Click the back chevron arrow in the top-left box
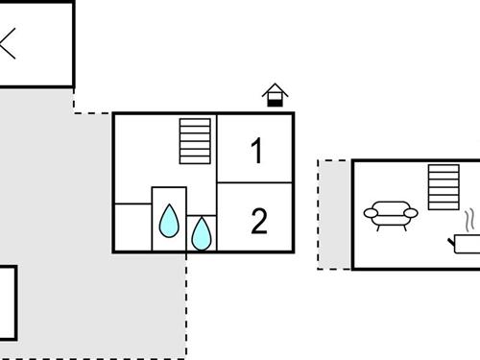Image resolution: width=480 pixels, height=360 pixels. [9, 44]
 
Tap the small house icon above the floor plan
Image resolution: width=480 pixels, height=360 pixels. [276, 96]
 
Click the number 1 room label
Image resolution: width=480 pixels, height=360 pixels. [256, 151]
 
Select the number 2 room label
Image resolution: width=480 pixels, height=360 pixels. [257, 222]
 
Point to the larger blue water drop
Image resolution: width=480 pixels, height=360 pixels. [169, 221]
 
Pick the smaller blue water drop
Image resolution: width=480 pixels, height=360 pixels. [202, 233]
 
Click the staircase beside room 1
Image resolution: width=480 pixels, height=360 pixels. [194, 141]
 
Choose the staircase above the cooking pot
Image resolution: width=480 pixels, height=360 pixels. [444, 186]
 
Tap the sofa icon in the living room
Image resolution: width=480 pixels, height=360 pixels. [391, 215]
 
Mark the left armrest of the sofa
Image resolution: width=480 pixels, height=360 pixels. [370, 212]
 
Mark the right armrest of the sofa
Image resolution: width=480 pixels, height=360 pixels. [412, 212]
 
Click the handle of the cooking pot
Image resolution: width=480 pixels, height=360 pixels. [451, 241]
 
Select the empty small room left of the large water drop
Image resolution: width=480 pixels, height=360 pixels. [132, 228]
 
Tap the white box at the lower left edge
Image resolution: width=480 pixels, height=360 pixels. [7, 302]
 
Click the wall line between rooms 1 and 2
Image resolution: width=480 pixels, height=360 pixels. [255, 182]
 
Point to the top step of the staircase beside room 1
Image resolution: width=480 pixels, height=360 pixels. [194, 122]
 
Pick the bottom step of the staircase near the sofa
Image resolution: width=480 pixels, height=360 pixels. [444, 204]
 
